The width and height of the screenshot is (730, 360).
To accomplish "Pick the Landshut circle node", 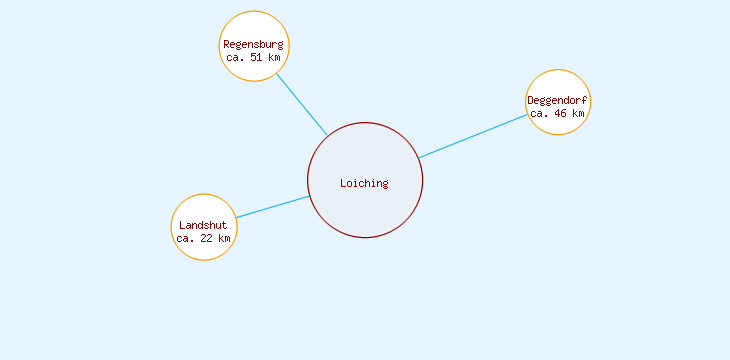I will [x=204, y=209].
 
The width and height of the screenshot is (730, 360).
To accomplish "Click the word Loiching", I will [x=364, y=183].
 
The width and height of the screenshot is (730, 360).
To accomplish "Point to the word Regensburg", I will [x=254, y=44].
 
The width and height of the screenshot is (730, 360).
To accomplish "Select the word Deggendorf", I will [x=557, y=100].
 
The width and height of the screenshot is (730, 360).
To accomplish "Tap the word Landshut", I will [x=203, y=225].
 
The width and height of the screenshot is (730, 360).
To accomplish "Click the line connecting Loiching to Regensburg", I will [x=301, y=103].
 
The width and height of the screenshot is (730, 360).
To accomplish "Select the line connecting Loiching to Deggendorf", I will [x=473, y=136].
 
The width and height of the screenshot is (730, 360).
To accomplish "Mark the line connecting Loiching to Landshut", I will [x=272, y=207].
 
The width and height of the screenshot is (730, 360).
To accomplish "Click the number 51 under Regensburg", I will [x=257, y=57].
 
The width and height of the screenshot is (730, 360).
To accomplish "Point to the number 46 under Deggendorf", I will [x=561, y=113].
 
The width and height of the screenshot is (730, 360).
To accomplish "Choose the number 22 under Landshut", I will [x=207, y=238].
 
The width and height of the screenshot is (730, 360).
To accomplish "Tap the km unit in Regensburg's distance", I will [x=274, y=57].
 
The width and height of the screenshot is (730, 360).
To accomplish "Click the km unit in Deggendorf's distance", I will [x=578, y=113].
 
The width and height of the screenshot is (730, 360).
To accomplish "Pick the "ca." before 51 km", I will [x=236, y=57].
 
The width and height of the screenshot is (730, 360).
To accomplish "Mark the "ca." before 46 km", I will [x=540, y=113].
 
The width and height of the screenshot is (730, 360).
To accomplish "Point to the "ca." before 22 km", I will [x=186, y=238].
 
